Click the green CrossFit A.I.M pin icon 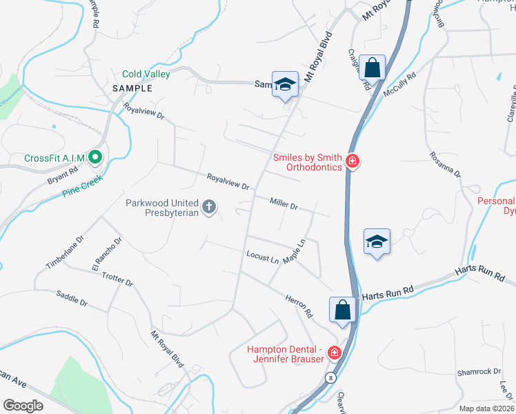point(96,158)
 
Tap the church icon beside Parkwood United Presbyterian point(209,206)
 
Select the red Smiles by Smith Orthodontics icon point(353,162)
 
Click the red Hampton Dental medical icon point(335,353)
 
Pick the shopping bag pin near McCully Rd point(372,69)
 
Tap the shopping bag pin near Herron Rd point(343,310)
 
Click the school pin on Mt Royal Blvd point(284,85)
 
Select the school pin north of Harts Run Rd point(377,242)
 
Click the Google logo point(23,405)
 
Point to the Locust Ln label point(262,257)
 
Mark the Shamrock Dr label point(478,372)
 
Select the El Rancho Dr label point(106,254)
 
